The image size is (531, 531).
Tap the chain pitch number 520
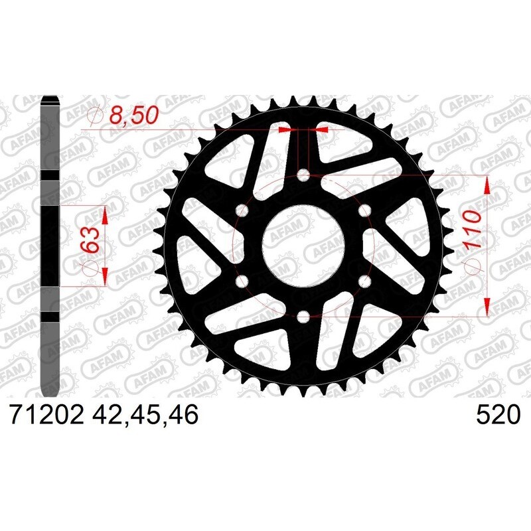497,416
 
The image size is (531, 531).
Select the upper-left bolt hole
242,211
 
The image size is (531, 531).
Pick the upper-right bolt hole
364,211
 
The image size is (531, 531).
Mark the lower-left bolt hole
242,281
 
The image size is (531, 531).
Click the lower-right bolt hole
364,281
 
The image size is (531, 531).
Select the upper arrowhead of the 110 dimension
488,186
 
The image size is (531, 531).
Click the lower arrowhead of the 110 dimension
488,307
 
